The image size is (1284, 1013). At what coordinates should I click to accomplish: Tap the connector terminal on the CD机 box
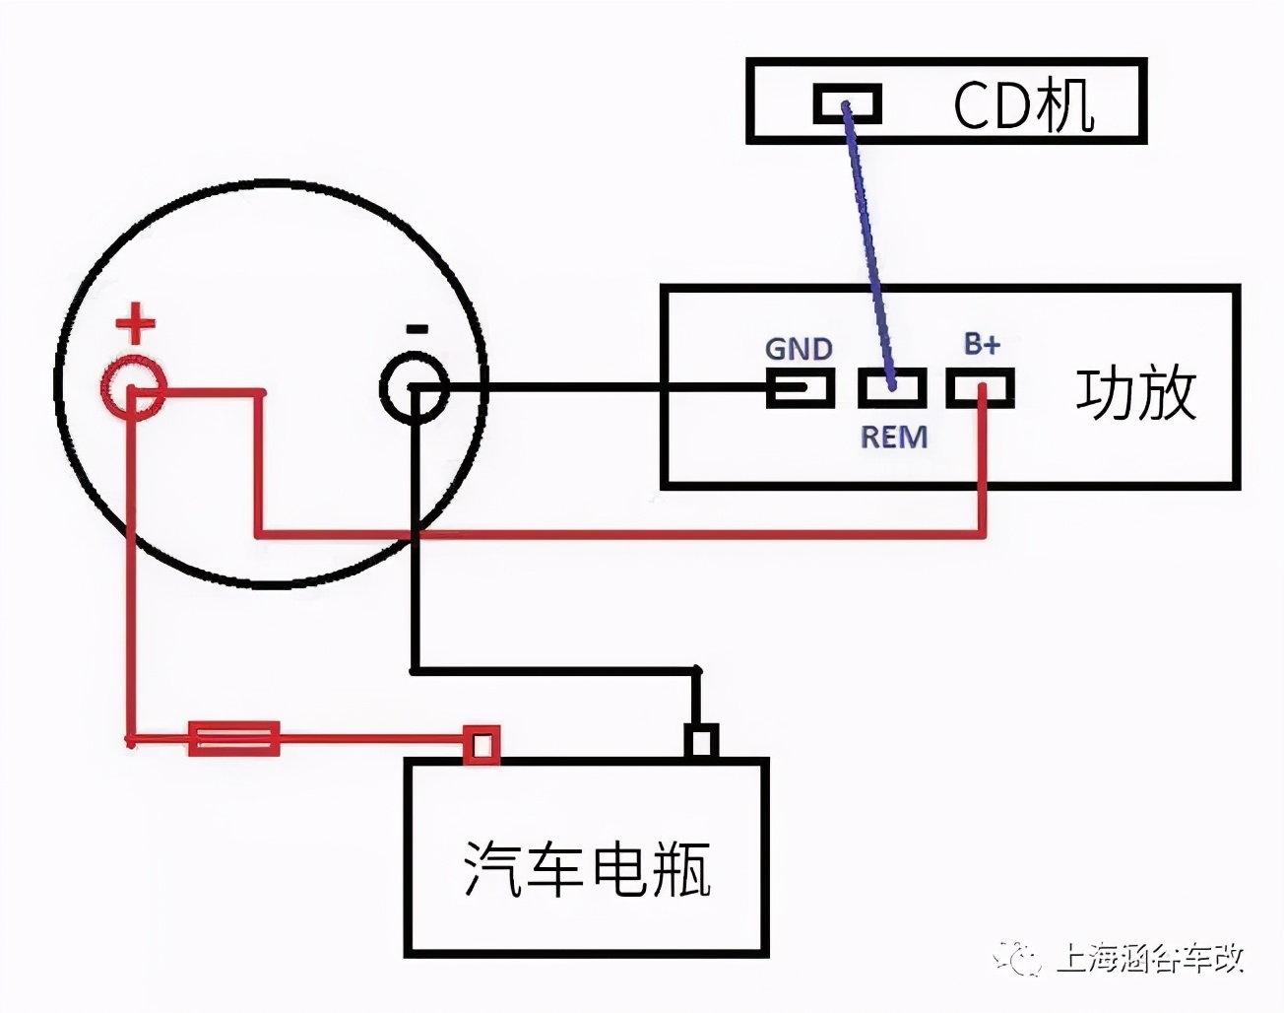click(847, 103)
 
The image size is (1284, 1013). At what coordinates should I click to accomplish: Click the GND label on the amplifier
click(799, 349)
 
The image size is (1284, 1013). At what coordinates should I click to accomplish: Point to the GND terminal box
click(800, 387)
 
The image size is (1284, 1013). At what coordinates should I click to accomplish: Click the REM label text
click(894, 437)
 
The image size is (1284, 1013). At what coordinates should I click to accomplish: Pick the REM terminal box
click(892, 387)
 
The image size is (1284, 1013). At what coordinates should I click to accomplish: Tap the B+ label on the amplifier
click(982, 344)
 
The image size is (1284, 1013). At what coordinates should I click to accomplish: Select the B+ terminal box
click(981, 387)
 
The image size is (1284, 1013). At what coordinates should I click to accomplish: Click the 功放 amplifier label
click(1135, 393)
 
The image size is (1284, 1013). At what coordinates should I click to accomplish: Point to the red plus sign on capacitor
click(136, 323)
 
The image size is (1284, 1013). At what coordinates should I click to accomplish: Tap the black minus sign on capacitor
click(417, 329)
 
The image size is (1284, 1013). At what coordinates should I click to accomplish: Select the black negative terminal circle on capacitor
click(415, 389)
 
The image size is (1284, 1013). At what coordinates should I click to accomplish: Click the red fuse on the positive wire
click(234, 738)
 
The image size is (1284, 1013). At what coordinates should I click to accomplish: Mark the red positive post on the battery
click(481, 744)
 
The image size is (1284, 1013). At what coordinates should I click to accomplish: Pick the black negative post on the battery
click(700, 742)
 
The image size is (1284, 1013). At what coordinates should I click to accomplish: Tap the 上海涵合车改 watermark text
click(1150, 958)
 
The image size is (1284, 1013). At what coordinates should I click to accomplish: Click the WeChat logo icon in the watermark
click(1018, 957)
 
